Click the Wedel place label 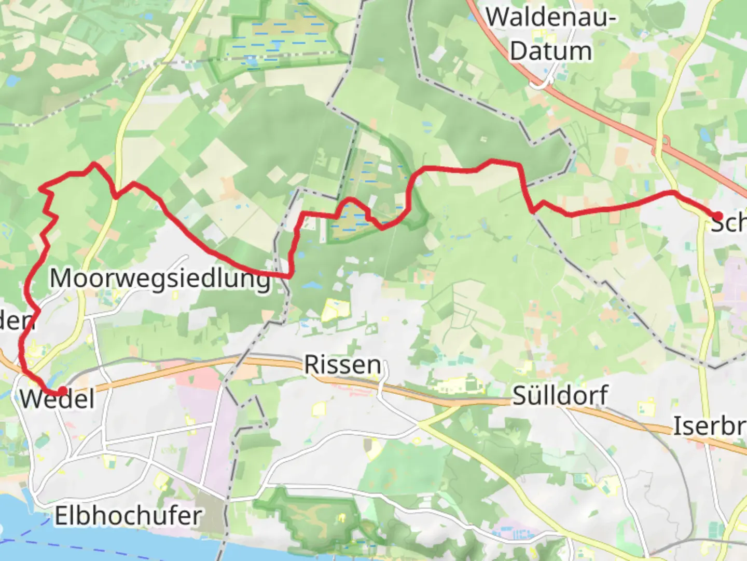tap(57, 399)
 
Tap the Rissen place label tap(342, 365)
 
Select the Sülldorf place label tap(560, 396)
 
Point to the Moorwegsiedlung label tap(160, 279)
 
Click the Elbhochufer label tap(128, 516)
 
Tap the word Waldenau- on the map tap(551, 18)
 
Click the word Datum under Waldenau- tap(551, 51)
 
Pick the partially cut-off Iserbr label tap(710, 426)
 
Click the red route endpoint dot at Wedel tap(62, 391)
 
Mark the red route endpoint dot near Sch tap(718, 216)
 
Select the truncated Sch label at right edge tap(729, 223)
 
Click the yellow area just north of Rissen tap(332, 310)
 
